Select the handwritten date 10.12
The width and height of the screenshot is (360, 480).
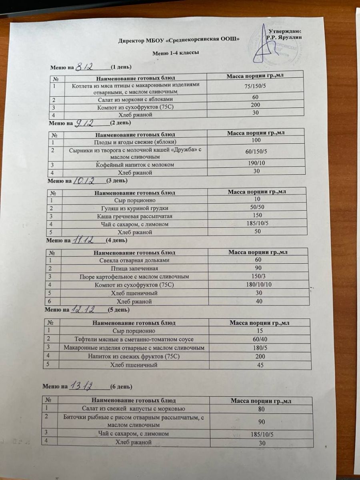(x=83, y=181)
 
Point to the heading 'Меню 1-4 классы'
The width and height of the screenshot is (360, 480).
(x=176, y=53)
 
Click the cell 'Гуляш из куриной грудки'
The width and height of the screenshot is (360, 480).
(x=136, y=208)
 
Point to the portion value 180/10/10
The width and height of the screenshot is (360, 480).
(x=258, y=284)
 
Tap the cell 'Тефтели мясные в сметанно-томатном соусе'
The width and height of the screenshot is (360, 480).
(x=136, y=339)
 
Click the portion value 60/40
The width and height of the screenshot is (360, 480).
(x=257, y=339)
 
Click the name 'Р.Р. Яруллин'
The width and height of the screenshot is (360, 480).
(x=284, y=37)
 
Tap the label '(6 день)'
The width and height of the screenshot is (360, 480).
(x=121, y=387)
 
